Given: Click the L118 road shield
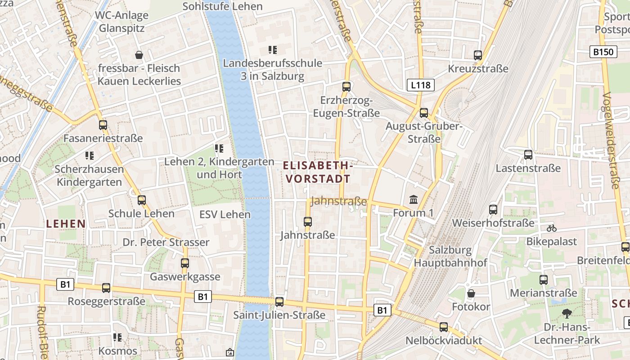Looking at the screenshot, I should tap(421, 85).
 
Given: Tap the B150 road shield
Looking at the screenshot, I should tap(603, 52).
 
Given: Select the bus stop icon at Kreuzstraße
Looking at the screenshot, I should tap(478, 55).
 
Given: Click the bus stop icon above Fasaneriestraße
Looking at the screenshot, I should tap(103, 125).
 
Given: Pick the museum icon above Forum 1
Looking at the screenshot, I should tap(413, 199).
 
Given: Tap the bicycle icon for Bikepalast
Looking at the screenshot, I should tap(551, 228).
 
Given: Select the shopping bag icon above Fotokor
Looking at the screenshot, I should tap(471, 293).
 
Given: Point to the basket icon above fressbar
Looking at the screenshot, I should tap(139, 55).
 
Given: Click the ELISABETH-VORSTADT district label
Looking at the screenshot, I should tap(318, 172).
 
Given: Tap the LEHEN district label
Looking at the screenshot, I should tap(66, 224).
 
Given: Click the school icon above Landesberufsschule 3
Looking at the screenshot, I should tap(272, 49).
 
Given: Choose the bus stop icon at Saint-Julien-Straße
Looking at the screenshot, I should tap(279, 301).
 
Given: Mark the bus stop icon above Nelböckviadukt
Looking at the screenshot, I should tap(444, 327).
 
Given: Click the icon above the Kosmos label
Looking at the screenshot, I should tap(117, 337).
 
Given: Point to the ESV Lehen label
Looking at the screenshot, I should tap(225, 214).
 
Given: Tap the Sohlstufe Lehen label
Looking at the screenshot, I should tap(222, 6).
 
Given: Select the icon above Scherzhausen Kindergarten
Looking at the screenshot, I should tap(89, 156).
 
